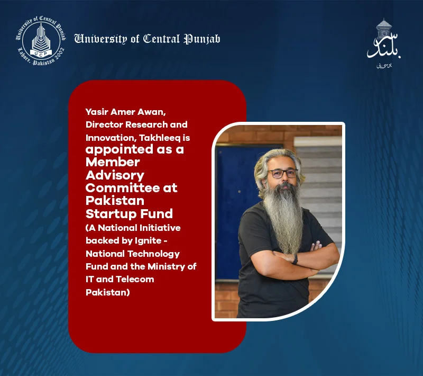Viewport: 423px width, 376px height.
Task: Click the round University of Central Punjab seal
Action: pyautogui.click(x=41, y=41)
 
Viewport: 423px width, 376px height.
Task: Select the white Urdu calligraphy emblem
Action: pyautogui.click(x=384, y=43)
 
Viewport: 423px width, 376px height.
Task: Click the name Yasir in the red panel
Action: pyautogui.click(x=97, y=112)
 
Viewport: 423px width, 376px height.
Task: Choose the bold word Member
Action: pyautogui.click(x=113, y=162)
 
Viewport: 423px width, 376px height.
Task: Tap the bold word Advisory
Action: pyautogui.click(x=115, y=176)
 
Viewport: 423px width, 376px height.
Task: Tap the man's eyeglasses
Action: pyautogui.click(x=282, y=173)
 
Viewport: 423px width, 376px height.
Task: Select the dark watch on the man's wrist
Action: pyautogui.click(x=295, y=259)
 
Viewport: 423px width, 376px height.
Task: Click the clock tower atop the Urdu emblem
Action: pyautogui.click(x=384, y=28)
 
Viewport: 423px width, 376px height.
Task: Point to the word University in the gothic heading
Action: pyautogui.click(x=100, y=39)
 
